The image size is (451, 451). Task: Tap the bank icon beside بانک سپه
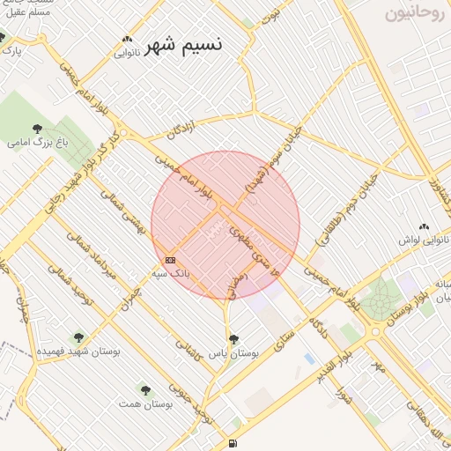170,260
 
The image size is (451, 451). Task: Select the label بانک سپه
172,274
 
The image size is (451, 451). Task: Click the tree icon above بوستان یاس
233,338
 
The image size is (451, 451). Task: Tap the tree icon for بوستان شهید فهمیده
79,336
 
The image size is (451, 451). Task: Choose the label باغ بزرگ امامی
33,141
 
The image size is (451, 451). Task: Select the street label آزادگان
180,130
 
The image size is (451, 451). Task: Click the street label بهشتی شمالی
121,213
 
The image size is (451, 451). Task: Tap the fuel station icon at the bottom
233,443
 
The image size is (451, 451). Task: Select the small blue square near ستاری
308,359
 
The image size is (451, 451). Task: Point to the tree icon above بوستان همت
145,389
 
